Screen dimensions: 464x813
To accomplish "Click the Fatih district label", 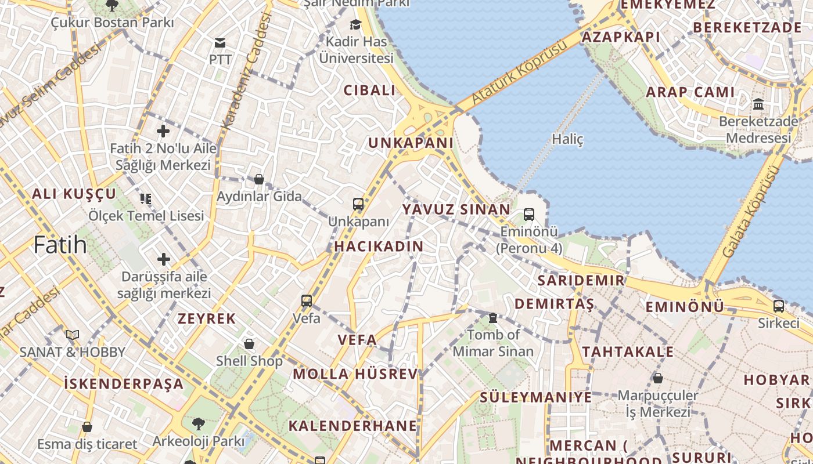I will (60, 245).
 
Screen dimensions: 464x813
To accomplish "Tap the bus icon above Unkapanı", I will (358, 204).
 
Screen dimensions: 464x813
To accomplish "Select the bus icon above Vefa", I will (307, 301).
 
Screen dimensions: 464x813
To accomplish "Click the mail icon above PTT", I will (220, 43).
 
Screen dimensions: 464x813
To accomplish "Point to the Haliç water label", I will (567, 139).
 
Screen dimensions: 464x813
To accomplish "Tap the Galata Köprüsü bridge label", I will (750, 212).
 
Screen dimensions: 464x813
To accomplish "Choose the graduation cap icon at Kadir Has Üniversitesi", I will (355, 24).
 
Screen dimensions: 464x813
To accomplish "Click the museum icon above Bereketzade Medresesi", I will (758, 104).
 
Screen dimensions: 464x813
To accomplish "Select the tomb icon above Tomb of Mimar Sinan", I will (493, 318).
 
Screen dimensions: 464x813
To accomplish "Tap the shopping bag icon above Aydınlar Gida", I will (259, 179).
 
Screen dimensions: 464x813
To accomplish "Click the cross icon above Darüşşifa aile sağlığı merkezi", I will (164, 259).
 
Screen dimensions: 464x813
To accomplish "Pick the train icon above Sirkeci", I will (779, 306).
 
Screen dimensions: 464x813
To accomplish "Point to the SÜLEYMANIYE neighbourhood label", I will (535, 397).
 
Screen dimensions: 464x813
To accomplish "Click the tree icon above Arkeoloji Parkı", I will (199, 424).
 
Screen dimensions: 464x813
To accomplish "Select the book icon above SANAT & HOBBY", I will (72, 335).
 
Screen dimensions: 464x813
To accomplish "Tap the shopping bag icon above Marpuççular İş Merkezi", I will (658, 379).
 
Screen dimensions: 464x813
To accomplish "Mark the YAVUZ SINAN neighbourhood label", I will (456, 209).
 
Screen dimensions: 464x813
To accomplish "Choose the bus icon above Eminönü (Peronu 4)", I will (529, 215).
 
